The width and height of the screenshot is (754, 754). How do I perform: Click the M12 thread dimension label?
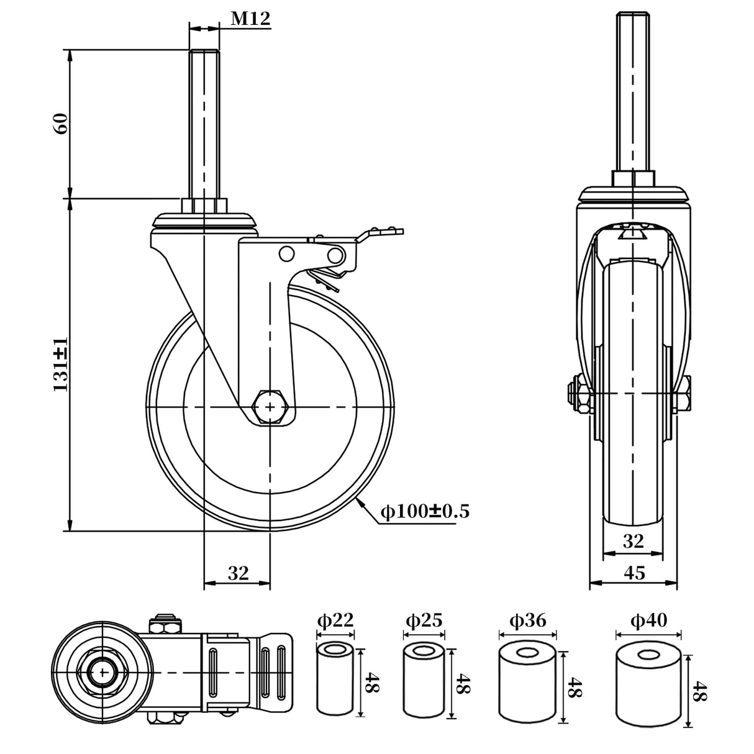[x=251, y=19]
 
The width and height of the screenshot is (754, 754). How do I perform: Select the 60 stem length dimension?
[x=61, y=124]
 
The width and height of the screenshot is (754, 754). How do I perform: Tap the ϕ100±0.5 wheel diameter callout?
[x=425, y=512]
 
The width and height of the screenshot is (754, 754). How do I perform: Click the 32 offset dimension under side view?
[x=237, y=573]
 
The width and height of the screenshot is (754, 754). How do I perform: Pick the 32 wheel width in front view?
[x=633, y=542]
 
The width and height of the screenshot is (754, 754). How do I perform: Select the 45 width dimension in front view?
[x=634, y=573]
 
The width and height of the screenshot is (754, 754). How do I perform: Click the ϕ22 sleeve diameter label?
[x=335, y=620]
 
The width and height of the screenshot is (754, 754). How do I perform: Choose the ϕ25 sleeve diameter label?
[x=424, y=620]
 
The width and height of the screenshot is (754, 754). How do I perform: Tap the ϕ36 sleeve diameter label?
[x=527, y=620]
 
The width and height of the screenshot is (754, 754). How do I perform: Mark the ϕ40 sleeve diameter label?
[x=648, y=620]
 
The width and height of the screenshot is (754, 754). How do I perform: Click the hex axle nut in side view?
[x=270, y=407]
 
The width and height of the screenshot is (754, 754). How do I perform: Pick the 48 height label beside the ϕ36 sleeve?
[x=575, y=687]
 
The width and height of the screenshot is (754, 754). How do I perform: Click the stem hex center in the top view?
[x=101, y=671]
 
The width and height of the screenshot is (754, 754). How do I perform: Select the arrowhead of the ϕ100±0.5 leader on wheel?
[x=360, y=501]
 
